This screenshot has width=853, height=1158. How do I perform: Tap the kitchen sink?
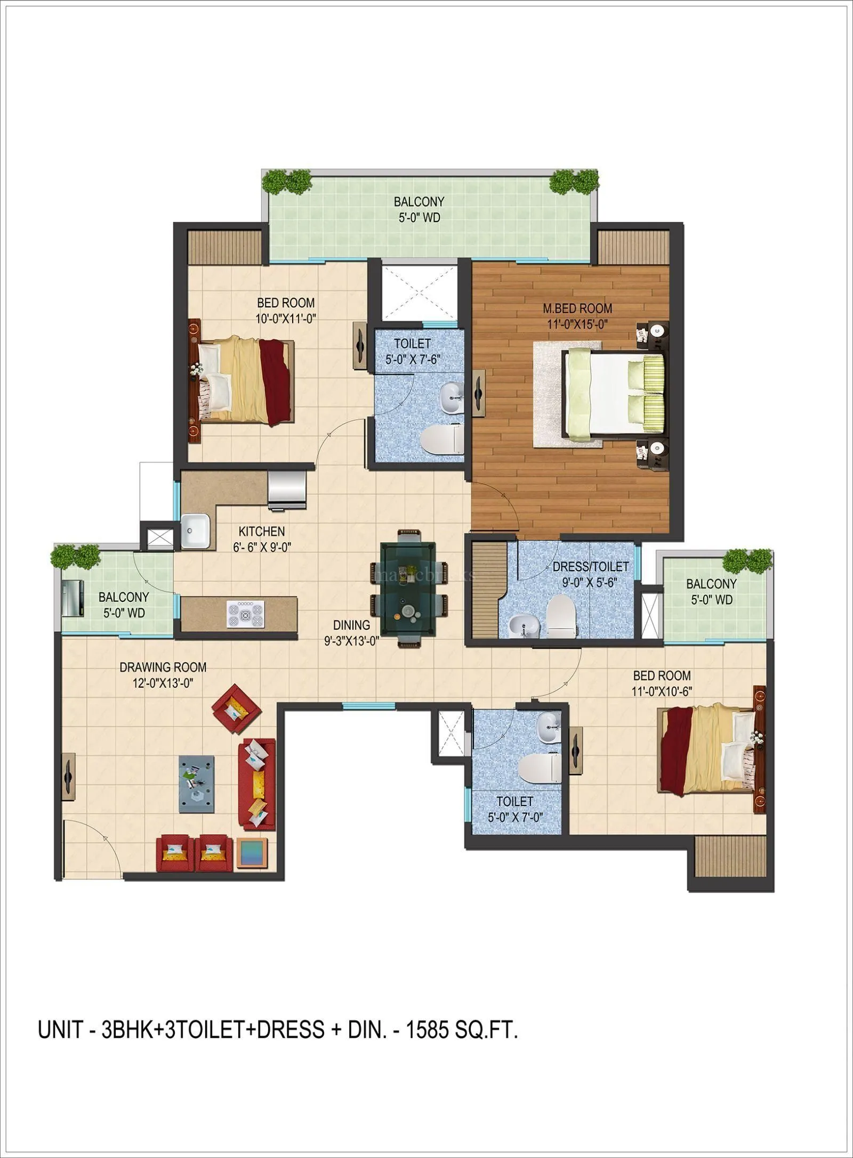195,531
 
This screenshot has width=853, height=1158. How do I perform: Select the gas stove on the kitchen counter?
245,613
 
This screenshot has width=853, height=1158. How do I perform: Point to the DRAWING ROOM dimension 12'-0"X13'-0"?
163,682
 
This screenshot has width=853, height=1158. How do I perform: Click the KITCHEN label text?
261,531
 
